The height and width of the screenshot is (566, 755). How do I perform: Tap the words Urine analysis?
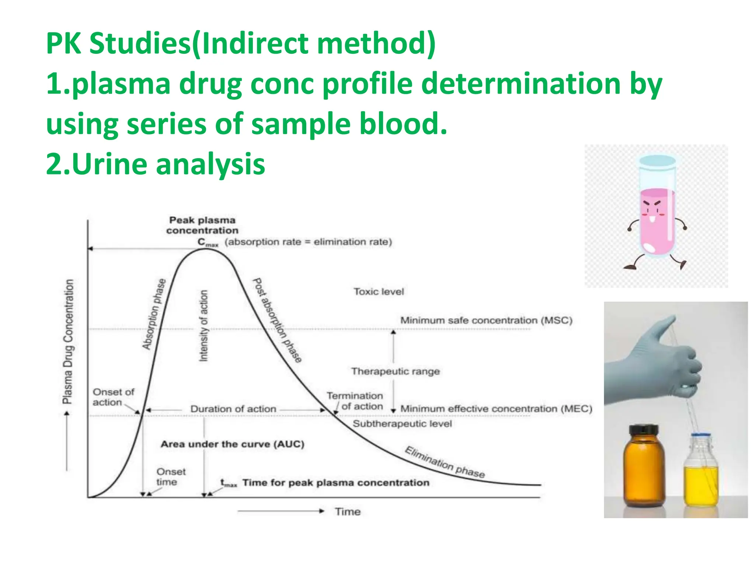[x=155, y=164]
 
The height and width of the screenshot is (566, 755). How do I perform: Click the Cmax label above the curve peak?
[x=208, y=242]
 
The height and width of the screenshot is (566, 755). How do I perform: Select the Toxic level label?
[x=379, y=292]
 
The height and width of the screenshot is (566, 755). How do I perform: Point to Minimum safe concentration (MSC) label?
[x=486, y=320]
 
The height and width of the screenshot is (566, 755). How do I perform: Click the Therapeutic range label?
[x=395, y=371]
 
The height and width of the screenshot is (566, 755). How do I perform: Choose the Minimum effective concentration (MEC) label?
[x=496, y=409]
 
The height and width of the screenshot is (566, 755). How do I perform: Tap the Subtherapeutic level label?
[x=402, y=424]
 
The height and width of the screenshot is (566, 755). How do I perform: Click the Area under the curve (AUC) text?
[x=232, y=444]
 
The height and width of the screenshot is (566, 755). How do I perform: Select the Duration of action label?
[x=233, y=409]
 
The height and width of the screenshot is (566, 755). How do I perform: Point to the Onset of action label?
[x=113, y=397]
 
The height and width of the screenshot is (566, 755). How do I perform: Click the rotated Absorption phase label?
[x=154, y=314]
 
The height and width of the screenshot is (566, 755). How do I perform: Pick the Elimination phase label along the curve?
[x=445, y=462]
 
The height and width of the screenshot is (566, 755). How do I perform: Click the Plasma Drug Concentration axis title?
[x=69, y=341]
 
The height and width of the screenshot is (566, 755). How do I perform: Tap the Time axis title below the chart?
[x=347, y=511]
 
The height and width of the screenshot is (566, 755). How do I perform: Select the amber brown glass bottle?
[x=644, y=468]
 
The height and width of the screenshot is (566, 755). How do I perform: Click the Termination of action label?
[x=355, y=401]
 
